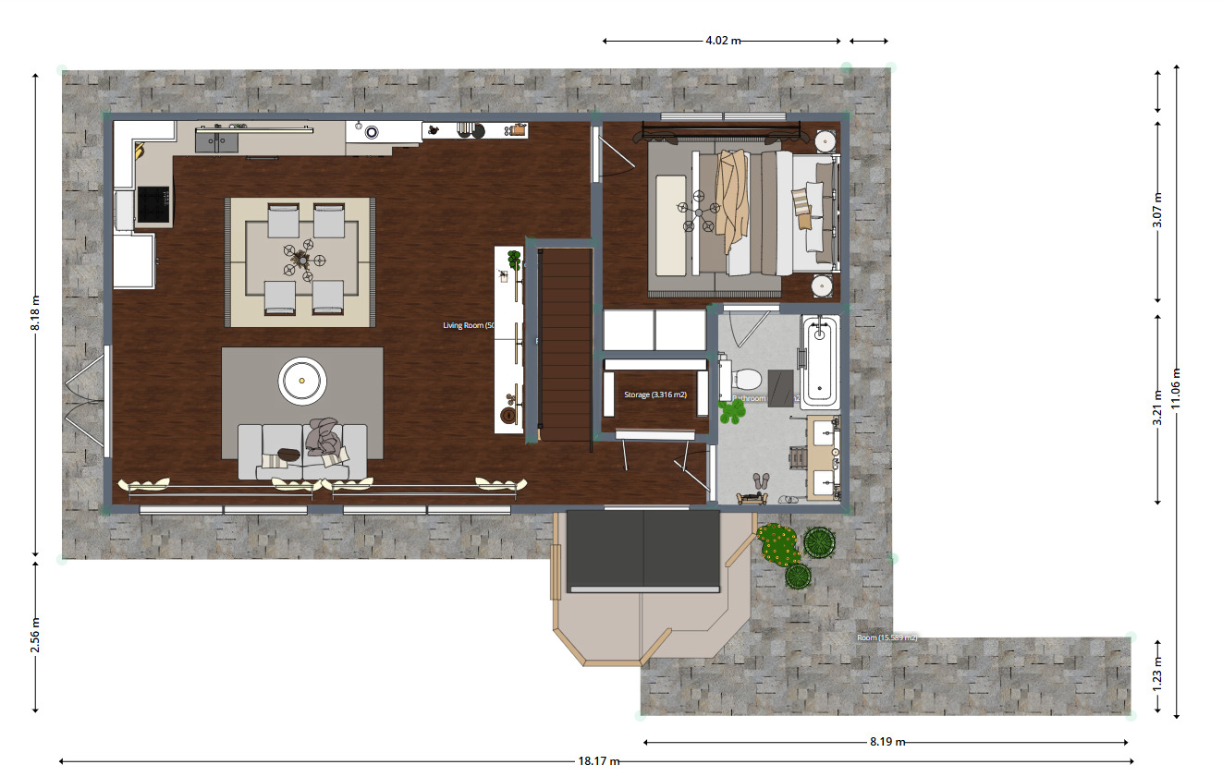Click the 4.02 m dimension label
[723, 41]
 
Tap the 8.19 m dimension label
[887, 742]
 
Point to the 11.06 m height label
[1175, 388]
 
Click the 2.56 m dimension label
[35, 635]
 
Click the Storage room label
[654, 395]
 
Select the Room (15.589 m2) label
[887, 637]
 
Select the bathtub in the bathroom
[820, 362]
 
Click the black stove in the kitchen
[153, 205]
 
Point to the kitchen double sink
[216, 140]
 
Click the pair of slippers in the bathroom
[762, 480]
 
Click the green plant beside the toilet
[731, 412]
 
